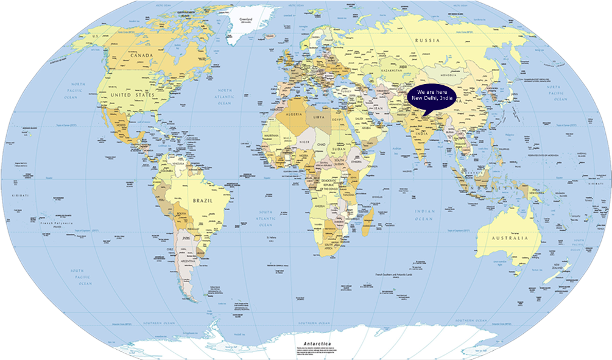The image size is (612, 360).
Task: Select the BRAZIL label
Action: [x=203, y=200]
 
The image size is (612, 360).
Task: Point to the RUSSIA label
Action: [x=427, y=40]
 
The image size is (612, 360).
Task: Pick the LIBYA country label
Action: [x=318, y=116]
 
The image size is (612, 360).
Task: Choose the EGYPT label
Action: [x=339, y=120]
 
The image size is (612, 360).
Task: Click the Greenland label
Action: [x=247, y=19]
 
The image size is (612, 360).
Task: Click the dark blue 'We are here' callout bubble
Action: [x=432, y=96]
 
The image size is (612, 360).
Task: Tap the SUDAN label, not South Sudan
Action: [x=339, y=148]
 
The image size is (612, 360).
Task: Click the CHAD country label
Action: [x=322, y=145]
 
